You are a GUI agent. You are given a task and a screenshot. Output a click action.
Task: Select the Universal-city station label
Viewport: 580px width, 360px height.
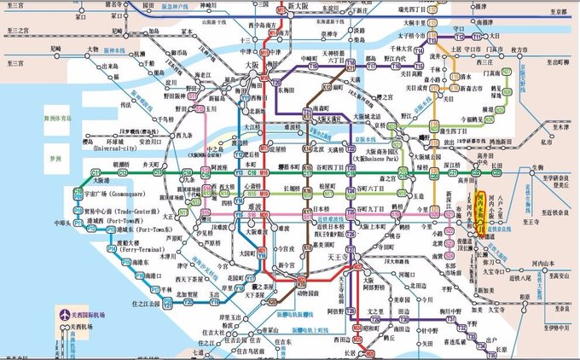[x=119, y=148]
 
